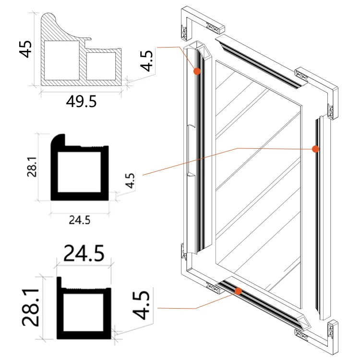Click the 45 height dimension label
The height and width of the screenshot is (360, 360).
(25, 49)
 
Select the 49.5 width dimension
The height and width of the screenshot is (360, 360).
(81, 102)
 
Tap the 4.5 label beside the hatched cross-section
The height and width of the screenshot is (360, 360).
(146, 60)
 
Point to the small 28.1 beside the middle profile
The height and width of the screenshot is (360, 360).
(32, 167)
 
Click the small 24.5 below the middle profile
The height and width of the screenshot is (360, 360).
(80, 220)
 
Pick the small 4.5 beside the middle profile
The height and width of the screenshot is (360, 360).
(130, 180)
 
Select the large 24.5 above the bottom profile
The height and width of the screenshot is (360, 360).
(84, 253)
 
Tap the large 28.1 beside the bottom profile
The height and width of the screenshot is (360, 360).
(31, 308)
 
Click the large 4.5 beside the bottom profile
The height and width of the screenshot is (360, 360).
(141, 305)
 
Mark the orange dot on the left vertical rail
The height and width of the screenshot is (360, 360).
(197, 71)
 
